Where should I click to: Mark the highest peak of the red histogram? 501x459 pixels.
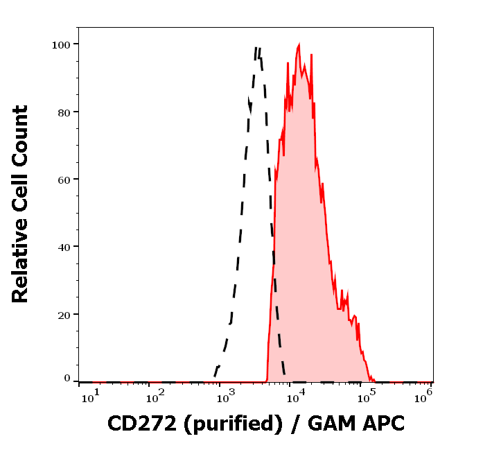coord(298,45)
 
